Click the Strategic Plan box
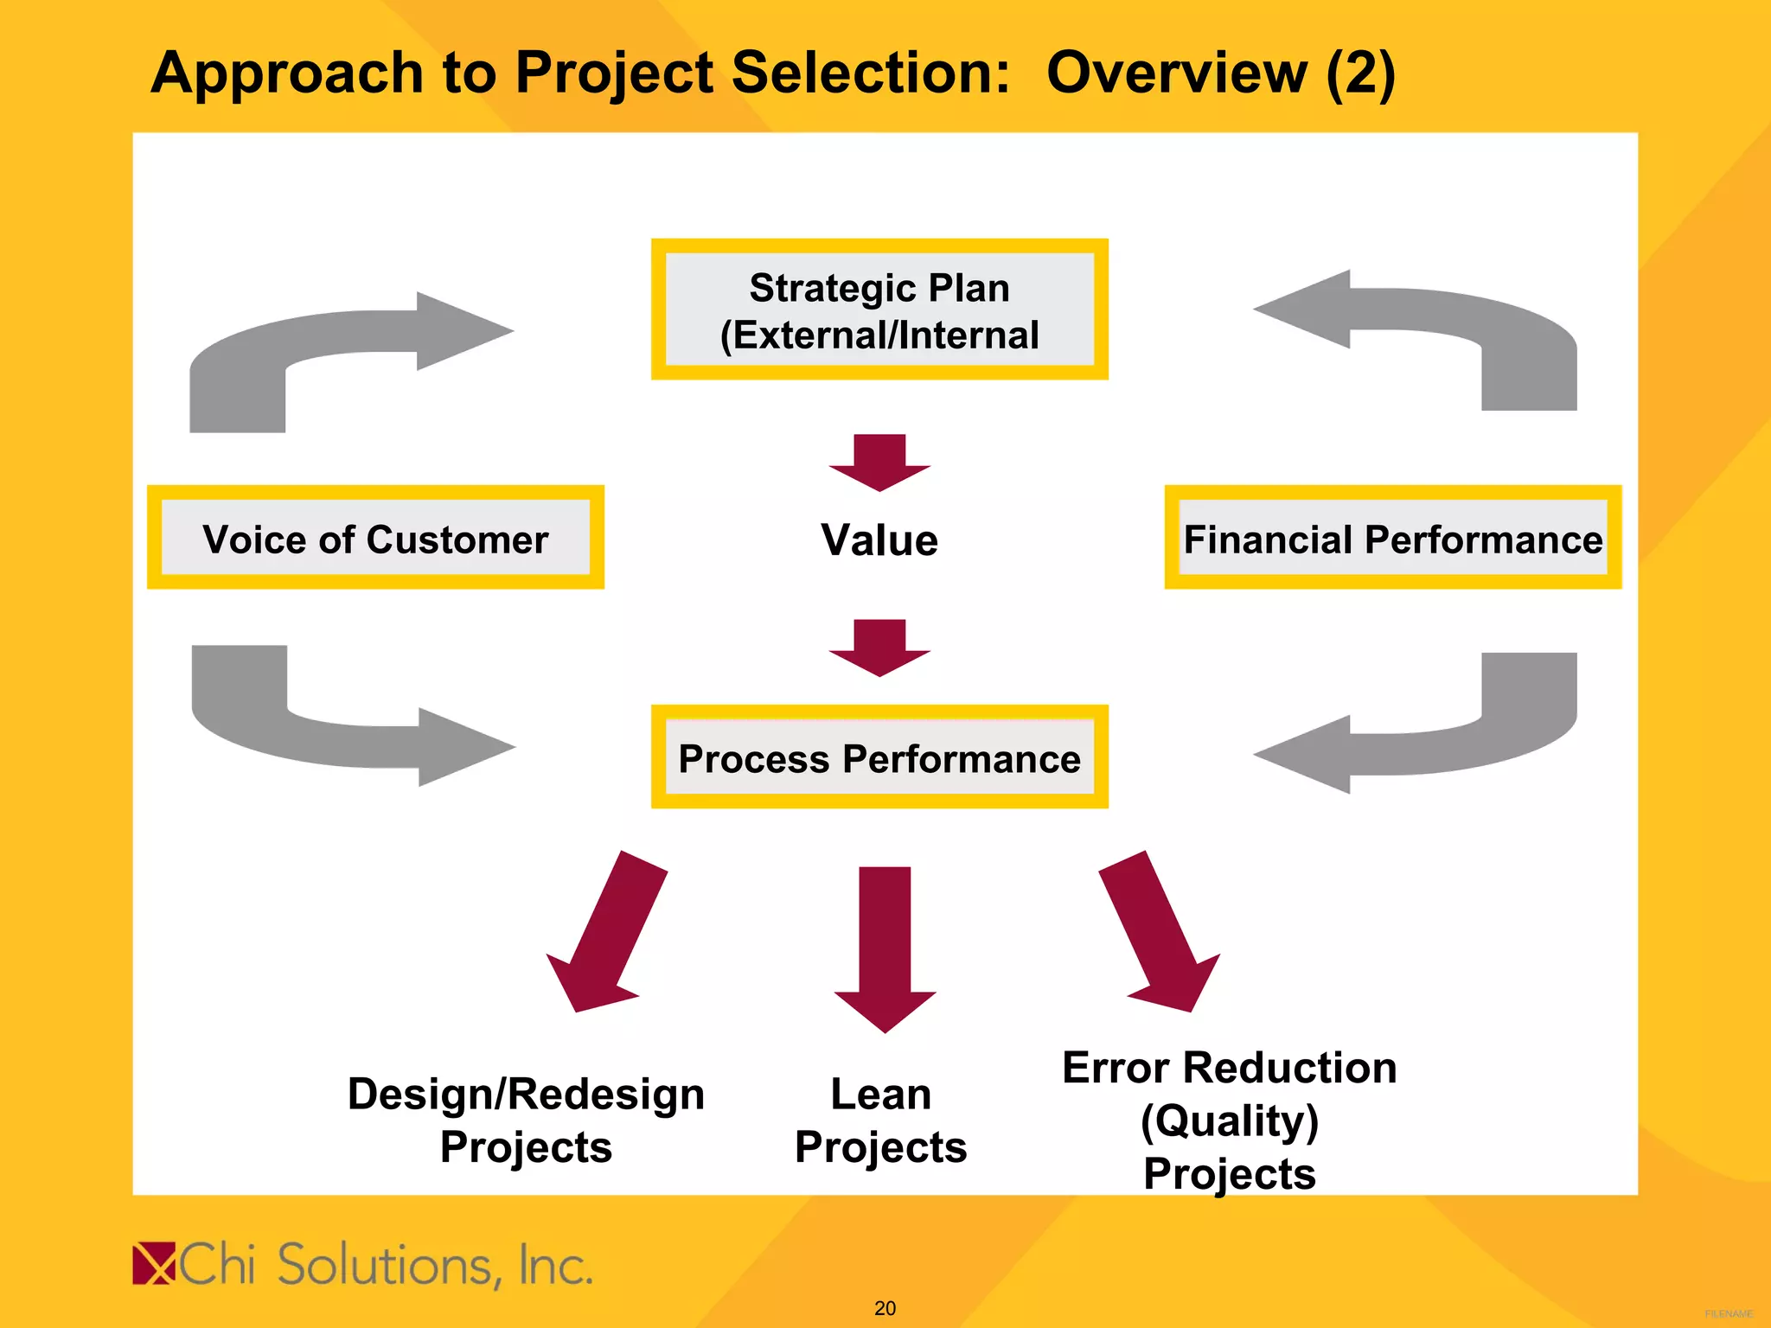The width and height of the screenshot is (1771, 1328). (879, 310)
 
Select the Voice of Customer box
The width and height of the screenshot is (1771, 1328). (375, 538)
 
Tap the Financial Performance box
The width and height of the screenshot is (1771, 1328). (1392, 538)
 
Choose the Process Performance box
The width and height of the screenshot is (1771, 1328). (879, 757)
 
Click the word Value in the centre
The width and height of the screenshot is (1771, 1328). (879, 540)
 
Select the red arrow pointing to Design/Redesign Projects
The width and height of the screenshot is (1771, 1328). (606, 934)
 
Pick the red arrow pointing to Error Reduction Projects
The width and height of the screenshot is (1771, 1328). (1160, 934)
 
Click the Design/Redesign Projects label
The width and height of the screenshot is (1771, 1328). (526, 1120)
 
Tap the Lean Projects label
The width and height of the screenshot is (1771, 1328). (880, 1120)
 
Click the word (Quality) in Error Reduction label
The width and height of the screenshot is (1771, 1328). (1229, 1121)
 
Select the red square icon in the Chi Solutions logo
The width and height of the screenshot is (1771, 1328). (154, 1263)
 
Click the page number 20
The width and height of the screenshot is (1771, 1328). (885, 1308)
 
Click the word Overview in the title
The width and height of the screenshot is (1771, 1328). (1176, 73)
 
